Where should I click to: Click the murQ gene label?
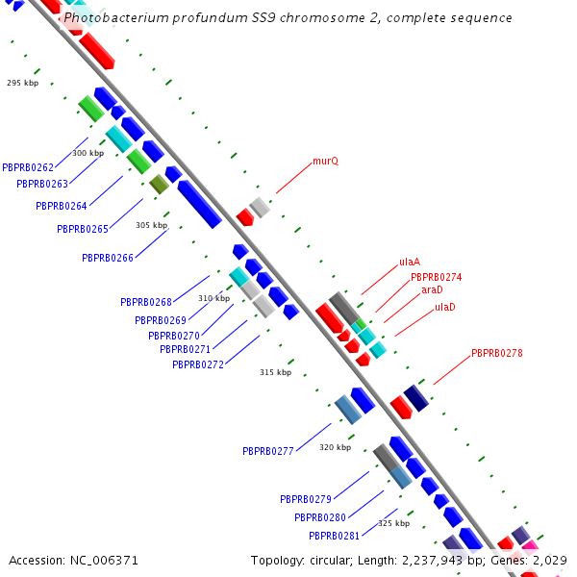tap(325, 162)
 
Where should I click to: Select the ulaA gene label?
tap(410, 262)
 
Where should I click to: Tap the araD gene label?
tap(432, 289)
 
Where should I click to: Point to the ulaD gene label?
tap(445, 307)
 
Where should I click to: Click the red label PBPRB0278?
tap(496, 353)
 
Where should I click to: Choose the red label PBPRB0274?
tap(436, 277)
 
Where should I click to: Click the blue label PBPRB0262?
tap(28, 167)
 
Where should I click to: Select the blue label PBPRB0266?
tap(107, 258)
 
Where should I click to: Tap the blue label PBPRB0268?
tap(146, 302)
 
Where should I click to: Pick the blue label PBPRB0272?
tap(197, 364)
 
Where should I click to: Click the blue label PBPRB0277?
tap(267, 450)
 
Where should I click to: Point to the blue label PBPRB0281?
tap(334, 536)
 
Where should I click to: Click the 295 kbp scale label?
tap(22, 83)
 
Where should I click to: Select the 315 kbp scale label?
tap(275, 372)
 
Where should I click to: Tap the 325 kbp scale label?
tap(393, 523)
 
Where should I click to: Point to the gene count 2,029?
tap(550, 560)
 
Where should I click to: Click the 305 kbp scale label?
tap(151, 225)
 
